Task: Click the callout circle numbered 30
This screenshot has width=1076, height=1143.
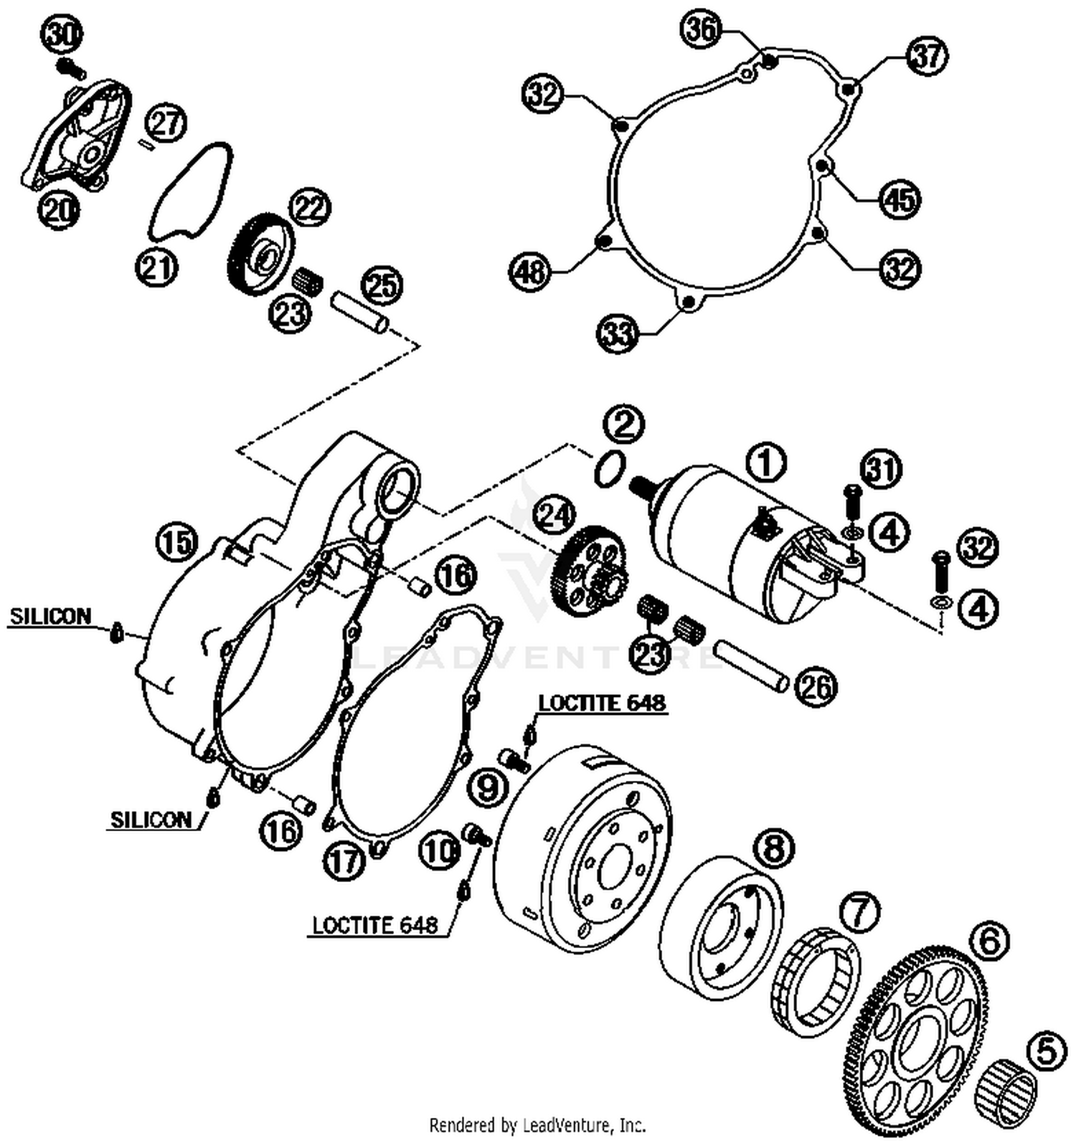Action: tap(65, 35)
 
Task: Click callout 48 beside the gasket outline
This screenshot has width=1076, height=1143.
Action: tap(529, 272)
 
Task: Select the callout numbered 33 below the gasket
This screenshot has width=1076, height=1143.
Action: tap(618, 333)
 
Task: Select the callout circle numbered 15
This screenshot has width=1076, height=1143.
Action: tap(176, 542)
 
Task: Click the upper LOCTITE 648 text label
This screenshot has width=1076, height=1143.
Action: tap(602, 703)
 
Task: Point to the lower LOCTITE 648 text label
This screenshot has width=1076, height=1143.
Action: tap(374, 925)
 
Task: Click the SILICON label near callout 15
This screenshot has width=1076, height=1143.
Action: tap(51, 617)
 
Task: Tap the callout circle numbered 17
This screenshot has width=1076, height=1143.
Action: tap(344, 860)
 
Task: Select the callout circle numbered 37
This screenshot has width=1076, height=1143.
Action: tap(927, 56)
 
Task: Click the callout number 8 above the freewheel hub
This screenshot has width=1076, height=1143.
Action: tap(773, 849)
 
